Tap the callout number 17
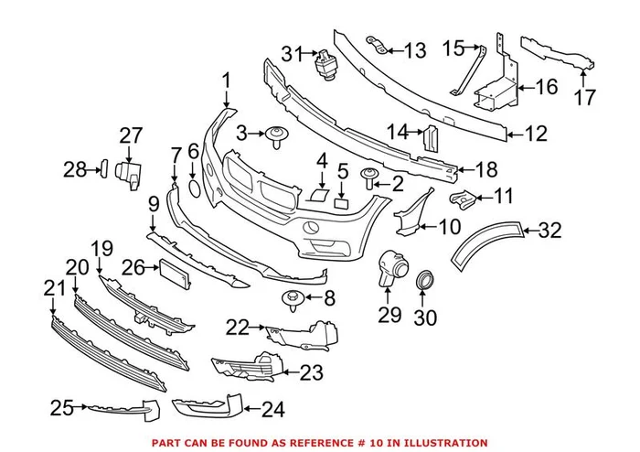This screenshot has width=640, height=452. pyautogui.click(x=584, y=96)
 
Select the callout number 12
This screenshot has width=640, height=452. pyautogui.click(x=536, y=135)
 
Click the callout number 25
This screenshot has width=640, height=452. pyautogui.click(x=61, y=408)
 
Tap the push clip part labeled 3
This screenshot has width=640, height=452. pyautogui.click(x=274, y=138)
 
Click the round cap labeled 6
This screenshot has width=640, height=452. pyautogui.click(x=194, y=188)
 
